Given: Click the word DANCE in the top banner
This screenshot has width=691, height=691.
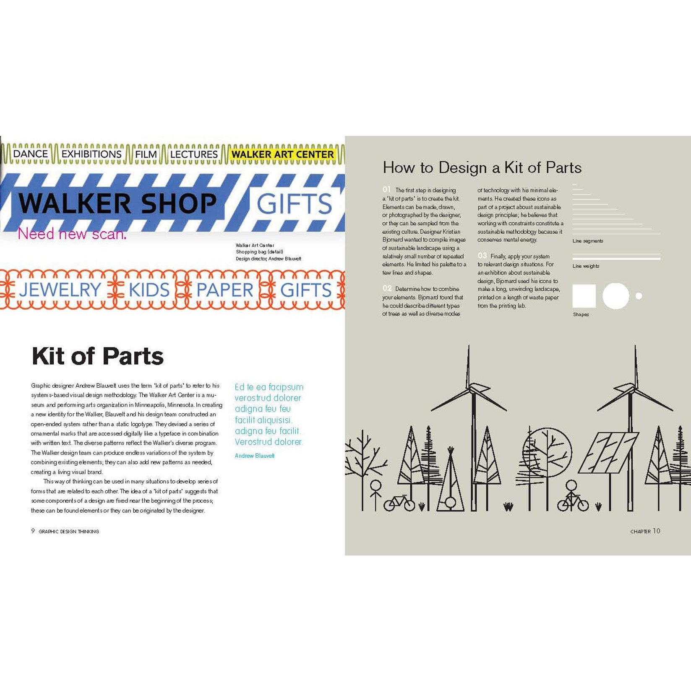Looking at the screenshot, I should [30, 154].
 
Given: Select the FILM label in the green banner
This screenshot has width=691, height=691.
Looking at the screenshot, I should [146, 154].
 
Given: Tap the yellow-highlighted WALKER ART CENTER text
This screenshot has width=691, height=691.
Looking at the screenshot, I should [283, 154].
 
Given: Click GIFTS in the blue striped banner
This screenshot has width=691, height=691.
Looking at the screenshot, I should [294, 204].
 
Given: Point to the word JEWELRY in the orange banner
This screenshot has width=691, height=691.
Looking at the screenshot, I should [60, 290].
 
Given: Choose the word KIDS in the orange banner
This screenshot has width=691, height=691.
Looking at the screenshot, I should [149, 290].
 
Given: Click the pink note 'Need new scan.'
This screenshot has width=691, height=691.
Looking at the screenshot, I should [72, 234].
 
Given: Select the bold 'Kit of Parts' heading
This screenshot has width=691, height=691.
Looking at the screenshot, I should [97, 356].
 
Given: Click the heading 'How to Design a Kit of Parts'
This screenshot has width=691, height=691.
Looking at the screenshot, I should [482, 168].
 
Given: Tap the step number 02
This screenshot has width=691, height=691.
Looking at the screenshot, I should [387, 289].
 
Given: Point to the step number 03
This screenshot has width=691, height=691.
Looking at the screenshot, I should [482, 256].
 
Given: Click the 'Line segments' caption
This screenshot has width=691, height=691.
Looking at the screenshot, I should [587, 241].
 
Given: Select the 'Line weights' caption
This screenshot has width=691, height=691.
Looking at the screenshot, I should [586, 266].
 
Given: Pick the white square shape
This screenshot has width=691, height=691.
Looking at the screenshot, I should [584, 296].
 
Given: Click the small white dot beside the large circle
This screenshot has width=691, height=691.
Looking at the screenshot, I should [639, 296].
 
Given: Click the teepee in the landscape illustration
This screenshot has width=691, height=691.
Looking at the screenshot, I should [451, 482].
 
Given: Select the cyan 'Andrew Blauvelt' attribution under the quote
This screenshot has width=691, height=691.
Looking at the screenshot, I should [255, 456].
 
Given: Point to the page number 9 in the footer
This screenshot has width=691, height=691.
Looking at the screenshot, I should [33, 531].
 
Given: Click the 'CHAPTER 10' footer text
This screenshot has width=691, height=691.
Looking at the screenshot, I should [645, 531].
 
